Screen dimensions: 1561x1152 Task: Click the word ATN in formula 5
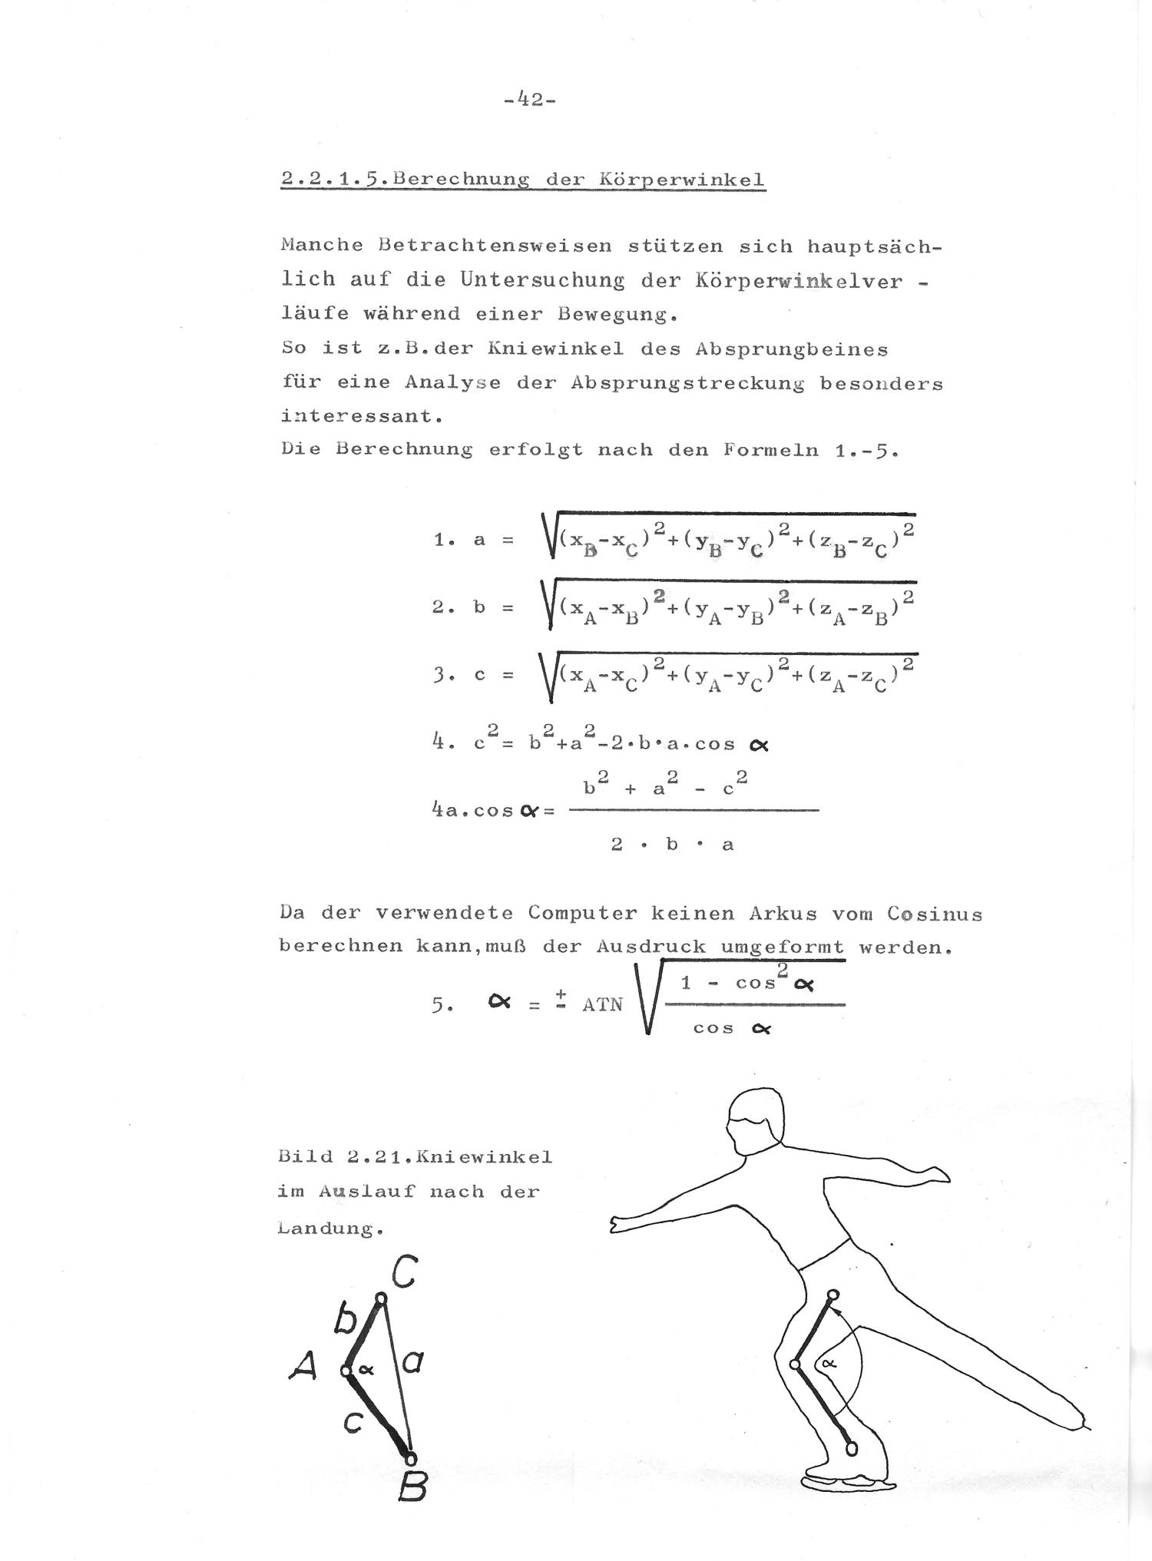coord(602,1004)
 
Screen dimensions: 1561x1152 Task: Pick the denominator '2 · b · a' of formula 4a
coord(672,845)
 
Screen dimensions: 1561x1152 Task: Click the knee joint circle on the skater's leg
coord(796,1364)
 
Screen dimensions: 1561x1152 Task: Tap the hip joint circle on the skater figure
coord(832,1295)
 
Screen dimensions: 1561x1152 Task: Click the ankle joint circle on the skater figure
coord(851,1448)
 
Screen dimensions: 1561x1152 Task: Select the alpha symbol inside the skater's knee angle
coord(827,1363)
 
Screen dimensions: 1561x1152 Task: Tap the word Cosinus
coord(934,914)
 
